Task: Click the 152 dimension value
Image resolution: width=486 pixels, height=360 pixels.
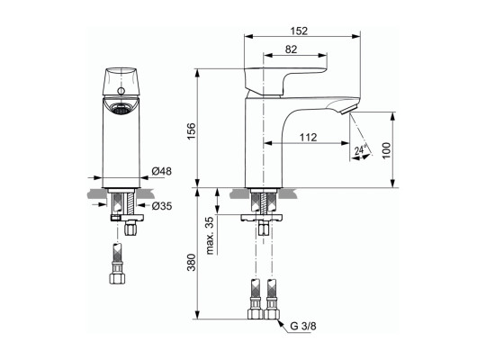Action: [x=299, y=31]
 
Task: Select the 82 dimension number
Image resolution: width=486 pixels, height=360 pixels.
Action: [x=291, y=49]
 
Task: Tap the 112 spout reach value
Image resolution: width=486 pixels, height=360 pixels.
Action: [x=308, y=137]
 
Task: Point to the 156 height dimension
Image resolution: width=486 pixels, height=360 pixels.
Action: [x=192, y=131]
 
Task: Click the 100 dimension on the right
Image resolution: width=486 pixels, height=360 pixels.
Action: [x=386, y=150]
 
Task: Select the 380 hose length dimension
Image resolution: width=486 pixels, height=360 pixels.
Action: [x=192, y=262]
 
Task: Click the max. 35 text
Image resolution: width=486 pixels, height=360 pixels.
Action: [x=210, y=236]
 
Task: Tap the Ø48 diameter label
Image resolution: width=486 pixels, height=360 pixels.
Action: [x=161, y=171]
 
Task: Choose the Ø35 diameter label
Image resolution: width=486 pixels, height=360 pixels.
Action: [x=162, y=205]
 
